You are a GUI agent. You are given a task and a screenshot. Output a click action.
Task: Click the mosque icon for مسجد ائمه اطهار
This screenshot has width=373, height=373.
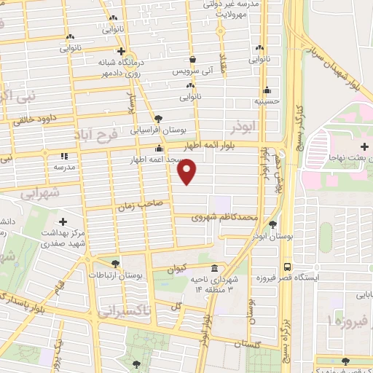pos(158,149)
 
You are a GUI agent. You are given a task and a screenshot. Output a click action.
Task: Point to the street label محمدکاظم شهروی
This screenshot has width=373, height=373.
pos(226,217)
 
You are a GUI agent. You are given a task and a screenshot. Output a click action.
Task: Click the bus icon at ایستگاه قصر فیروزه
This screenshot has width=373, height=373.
pos(288,267)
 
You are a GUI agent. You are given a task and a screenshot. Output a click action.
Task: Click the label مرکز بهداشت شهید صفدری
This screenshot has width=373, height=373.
pos(63,237)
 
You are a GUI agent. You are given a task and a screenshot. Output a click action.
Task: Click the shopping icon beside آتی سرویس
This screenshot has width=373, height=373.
pos(192,60)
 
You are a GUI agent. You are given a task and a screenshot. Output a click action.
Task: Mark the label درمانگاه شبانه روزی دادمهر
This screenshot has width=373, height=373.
pos(127,68)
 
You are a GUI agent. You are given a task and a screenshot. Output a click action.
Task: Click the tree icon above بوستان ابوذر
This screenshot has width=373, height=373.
pos(272,224)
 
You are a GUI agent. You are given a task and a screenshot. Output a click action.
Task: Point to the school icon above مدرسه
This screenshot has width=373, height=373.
pos(64,155)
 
